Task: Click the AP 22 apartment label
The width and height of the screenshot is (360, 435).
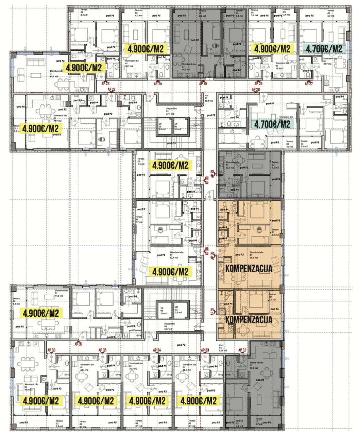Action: click(112, 89)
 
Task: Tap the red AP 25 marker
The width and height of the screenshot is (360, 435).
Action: click(203, 83)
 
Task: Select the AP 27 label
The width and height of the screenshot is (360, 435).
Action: click(309, 83)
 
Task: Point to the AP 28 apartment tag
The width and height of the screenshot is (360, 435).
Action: click(256, 89)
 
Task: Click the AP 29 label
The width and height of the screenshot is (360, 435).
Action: click(213, 174)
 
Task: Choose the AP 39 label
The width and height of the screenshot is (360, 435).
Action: click(207, 180)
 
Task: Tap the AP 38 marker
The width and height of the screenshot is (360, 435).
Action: click(207, 250)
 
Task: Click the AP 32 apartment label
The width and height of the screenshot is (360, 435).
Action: click(242, 350)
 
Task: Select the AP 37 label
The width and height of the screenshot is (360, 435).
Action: click(79, 344)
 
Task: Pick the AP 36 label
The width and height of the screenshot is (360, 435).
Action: click(51, 350)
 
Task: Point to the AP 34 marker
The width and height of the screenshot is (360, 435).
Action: click(157, 350)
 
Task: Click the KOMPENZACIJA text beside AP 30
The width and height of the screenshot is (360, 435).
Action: click(249, 268)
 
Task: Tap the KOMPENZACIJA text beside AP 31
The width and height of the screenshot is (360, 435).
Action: click(249, 320)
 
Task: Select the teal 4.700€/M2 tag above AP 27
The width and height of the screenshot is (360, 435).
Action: click(324, 49)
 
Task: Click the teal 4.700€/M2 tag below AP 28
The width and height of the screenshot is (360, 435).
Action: click(272, 124)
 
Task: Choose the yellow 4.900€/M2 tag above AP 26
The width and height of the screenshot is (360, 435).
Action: click(272, 49)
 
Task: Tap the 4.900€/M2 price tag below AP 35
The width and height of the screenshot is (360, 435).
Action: click(96, 401)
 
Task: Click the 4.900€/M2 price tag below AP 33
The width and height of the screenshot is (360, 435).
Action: click(199, 401)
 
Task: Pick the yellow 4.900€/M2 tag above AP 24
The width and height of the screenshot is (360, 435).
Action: click(145, 49)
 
